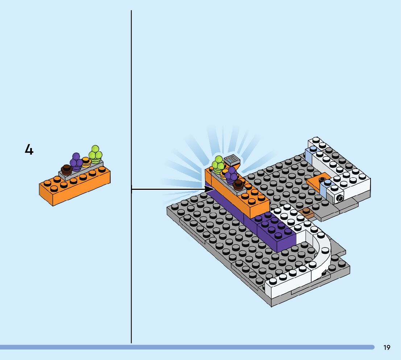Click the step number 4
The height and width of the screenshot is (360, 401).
click(29, 150)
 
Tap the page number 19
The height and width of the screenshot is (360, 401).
click(387, 348)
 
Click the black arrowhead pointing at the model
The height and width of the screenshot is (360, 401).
click(209, 189)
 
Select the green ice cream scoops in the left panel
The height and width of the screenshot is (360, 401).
click(95, 153)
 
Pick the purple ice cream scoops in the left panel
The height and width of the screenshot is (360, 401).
click(76, 161)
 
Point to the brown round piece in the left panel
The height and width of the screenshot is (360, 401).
click(66, 169)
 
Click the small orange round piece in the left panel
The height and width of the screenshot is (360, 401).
click(86, 162)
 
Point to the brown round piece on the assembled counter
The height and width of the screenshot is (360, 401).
click(238, 184)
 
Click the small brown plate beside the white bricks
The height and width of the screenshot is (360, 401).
click(306, 212)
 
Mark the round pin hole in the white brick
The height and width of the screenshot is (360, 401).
click(340, 198)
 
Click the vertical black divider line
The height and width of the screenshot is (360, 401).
click(131, 109)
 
